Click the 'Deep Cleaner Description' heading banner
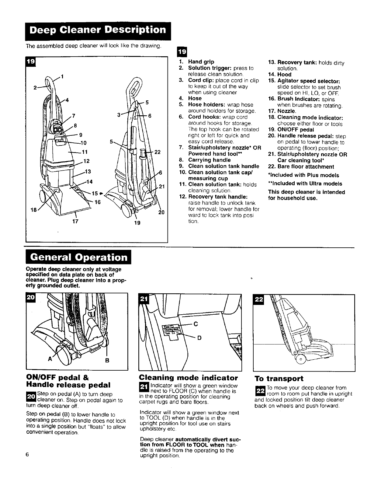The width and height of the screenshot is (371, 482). tap(98, 31)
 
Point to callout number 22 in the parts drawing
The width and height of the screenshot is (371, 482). tap(157, 152)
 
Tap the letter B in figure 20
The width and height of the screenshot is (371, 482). tap(107, 361)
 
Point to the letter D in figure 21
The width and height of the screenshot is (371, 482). tap(200, 338)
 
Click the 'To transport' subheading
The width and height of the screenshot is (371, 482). tap(279, 379)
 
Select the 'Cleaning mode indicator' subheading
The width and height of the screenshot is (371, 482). tap(188, 378)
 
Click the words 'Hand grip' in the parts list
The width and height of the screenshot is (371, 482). tap(201, 61)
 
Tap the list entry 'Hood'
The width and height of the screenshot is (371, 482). tap(284, 75)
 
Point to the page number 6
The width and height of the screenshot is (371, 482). tap(27, 454)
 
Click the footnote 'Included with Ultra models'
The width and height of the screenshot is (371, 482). tap(305, 184)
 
